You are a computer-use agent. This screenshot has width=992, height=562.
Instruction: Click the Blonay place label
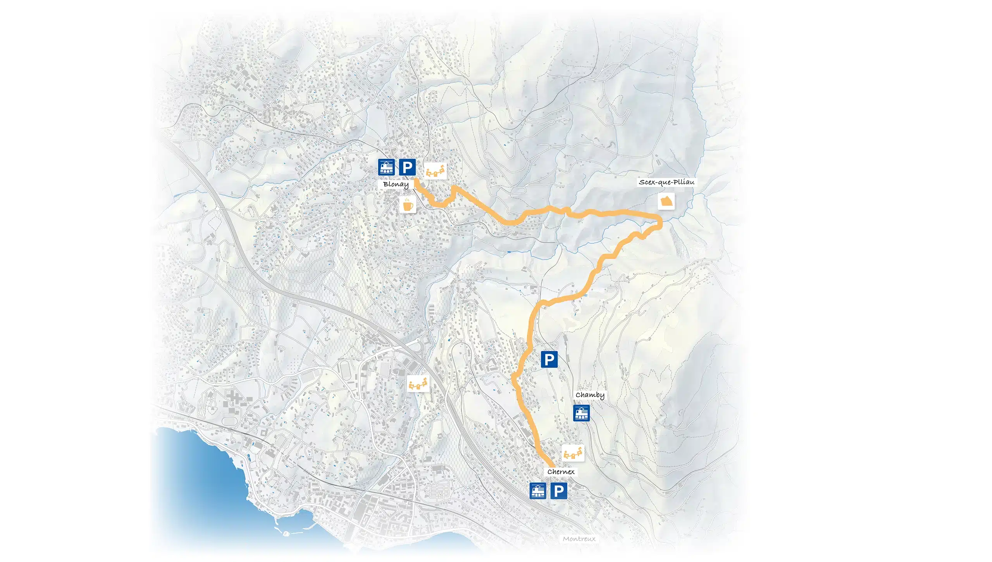[x=396, y=184]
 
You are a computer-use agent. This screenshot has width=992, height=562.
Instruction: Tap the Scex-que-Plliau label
[x=666, y=182]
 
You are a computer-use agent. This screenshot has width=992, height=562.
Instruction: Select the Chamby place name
[x=590, y=395]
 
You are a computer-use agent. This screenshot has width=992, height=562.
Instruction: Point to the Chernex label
[x=561, y=472]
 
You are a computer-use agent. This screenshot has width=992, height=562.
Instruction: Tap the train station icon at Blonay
[x=386, y=167]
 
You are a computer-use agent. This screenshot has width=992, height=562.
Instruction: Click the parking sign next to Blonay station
[x=407, y=167]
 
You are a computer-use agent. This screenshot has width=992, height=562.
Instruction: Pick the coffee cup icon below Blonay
[x=408, y=204]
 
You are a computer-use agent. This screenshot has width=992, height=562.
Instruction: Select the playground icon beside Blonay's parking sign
[x=436, y=171]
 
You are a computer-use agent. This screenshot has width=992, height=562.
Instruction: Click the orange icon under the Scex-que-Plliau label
[x=666, y=201]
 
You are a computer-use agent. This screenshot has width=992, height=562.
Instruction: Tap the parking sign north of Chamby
[x=549, y=360]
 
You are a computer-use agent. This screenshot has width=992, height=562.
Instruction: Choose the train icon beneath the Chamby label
[x=581, y=413]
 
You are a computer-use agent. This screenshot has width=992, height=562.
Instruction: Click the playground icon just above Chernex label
[x=573, y=453]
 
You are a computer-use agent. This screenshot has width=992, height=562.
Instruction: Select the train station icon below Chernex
[x=537, y=491]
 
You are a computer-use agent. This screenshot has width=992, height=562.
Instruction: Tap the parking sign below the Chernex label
[x=558, y=491]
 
